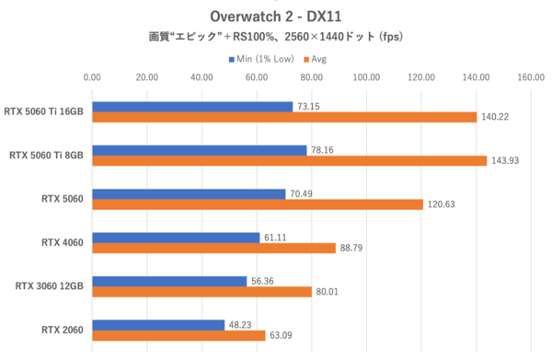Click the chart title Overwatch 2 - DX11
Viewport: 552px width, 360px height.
pyautogui.click(x=275, y=16)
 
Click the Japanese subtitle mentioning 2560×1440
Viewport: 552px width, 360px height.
pyautogui.click(x=275, y=38)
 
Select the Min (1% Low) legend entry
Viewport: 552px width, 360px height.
pyautogui.click(x=260, y=59)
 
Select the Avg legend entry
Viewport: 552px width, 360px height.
pyautogui.click(x=316, y=59)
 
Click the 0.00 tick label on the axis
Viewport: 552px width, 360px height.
pyautogui.click(x=92, y=77)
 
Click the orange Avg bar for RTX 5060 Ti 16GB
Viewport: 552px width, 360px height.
pyautogui.click(x=284, y=117)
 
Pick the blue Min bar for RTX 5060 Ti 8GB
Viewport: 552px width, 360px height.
pyautogui.click(x=200, y=150)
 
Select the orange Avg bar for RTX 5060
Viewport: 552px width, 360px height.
pyautogui.click(x=258, y=204)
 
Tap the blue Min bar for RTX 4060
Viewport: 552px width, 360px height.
pyautogui.click(x=176, y=238)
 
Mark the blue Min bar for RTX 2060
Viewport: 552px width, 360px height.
pyautogui.click(x=158, y=325)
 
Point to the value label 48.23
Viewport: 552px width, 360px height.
pyautogui.click(x=244, y=325)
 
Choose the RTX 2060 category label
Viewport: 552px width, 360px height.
pyautogui.click(x=63, y=331)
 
